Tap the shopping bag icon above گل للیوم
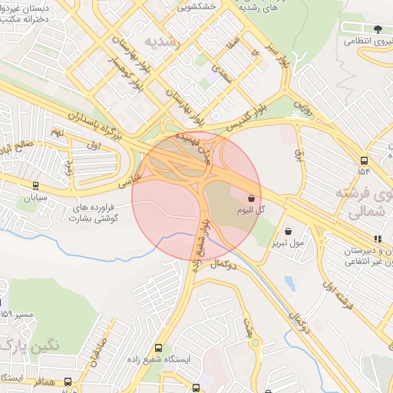(x=251, y=196)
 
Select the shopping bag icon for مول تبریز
(x=288, y=231)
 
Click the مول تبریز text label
(x=288, y=243)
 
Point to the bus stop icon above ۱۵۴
(x=363, y=160)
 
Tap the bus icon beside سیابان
(x=35, y=185)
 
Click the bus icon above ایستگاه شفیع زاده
(x=159, y=348)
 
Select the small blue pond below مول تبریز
(x=289, y=282)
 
